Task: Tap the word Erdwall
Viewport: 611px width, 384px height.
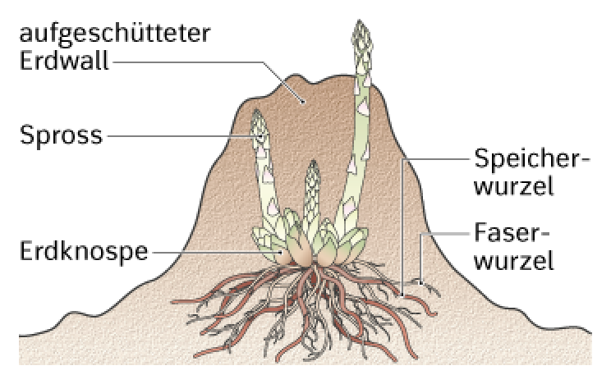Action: (x=64, y=62)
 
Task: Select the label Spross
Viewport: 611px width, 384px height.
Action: (x=61, y=136)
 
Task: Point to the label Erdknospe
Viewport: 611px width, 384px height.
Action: (x=84, y=252)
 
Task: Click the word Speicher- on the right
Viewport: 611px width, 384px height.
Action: (x=532, y=159)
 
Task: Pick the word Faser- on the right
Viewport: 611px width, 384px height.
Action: (x=512, y=233)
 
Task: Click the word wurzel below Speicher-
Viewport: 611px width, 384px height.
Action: (x=514, y=186)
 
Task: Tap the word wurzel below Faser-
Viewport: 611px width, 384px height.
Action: (x=514, y=261)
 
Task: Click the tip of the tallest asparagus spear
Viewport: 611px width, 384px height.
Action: (x=360, y=21)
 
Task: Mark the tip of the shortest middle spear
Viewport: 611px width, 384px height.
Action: (x=313, y=161)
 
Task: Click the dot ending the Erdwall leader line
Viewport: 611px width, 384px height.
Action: (x=303, y=103)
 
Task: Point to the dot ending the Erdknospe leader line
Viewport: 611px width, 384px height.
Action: (x=280, y=253)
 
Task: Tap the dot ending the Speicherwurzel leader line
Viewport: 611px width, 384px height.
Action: (x=402, y=295)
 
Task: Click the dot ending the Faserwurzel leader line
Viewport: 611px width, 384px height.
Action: (x=420, y=283)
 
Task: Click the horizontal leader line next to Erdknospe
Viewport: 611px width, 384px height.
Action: (x=216, y=252)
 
